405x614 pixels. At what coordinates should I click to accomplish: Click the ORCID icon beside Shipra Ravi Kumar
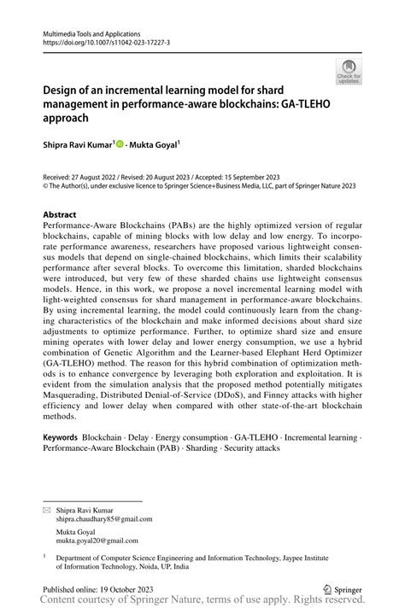(120, 144)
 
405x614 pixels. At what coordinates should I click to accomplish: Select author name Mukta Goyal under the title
(154, 144)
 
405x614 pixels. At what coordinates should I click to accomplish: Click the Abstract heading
(60, 213)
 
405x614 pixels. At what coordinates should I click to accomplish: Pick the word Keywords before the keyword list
(62, 437)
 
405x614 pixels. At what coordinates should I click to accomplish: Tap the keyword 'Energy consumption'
(182, 437)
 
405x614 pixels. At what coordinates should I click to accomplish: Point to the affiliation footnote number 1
(44, 554)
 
